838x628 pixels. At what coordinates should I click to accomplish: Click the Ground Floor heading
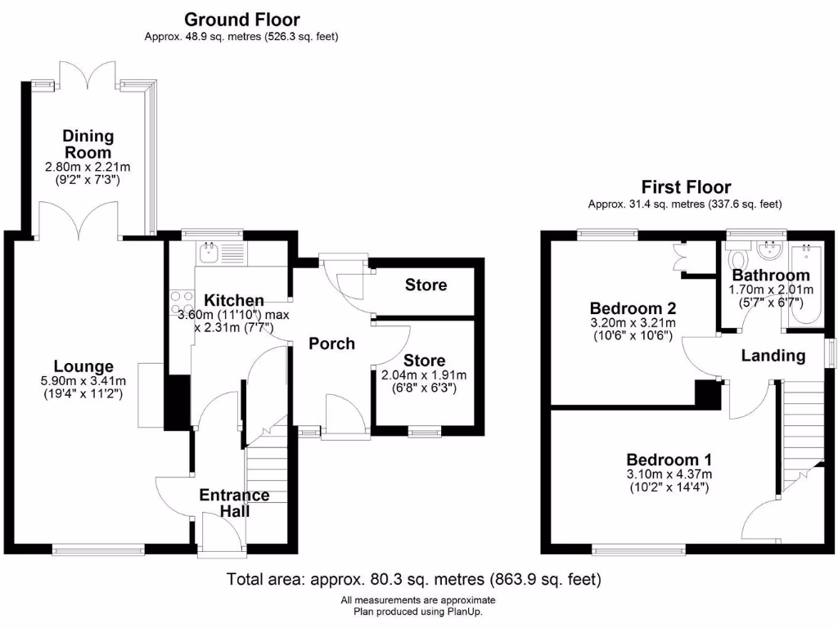[x=241, y=20]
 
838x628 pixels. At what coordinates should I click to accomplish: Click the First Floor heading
[x=686, y=187]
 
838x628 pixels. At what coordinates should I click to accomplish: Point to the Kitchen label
[x=234, y=300]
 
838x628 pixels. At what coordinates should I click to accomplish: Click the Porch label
[x=331, y=343]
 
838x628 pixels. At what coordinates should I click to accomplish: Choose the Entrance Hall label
[x=234, y=503]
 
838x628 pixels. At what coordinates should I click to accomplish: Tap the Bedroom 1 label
[x=669, y=459]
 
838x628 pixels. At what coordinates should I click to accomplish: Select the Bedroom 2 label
[x=633, y=308]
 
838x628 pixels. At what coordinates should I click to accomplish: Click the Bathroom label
[x=771, y=275]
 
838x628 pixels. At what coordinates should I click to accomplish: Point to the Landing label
[x=773, y=355]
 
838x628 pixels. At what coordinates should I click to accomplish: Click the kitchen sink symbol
[x=210, y=252]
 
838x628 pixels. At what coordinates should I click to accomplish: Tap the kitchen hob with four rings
[x=180, y=303]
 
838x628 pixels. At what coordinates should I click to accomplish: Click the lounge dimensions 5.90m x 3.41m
[x=84, y=380]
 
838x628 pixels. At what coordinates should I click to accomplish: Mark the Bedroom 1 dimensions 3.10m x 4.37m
[x=669, y=473]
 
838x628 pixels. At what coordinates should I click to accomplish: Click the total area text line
[x=413, y=580]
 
